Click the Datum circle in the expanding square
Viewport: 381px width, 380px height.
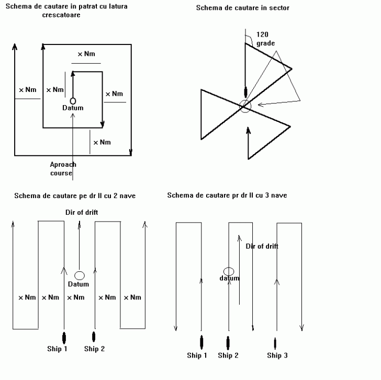[x=73, y=100]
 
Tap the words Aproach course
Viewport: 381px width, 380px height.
[x=63, y=168]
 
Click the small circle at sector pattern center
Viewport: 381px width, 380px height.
[x=245, y=106]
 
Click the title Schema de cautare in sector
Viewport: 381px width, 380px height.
[x=242, y=8]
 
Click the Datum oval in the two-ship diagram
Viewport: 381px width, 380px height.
[x=80, y=275]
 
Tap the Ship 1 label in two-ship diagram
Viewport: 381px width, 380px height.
[x=58, y=349]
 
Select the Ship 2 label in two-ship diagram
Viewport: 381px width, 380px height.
[x=95, y=349]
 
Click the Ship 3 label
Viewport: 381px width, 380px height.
[x=277, y=355]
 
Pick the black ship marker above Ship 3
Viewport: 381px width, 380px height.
[x=275, y=343]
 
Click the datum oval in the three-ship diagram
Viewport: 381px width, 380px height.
[x=229, y=271]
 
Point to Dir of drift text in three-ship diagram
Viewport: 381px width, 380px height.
[x=262, y=246]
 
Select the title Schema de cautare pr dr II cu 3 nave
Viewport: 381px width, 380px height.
[x=227, y=195]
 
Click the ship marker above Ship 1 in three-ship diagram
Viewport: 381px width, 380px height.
[x=202, y=342]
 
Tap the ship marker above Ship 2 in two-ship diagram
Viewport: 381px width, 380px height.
[x=94, y=336]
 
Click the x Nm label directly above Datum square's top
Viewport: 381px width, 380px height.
[x=86, y=54]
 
